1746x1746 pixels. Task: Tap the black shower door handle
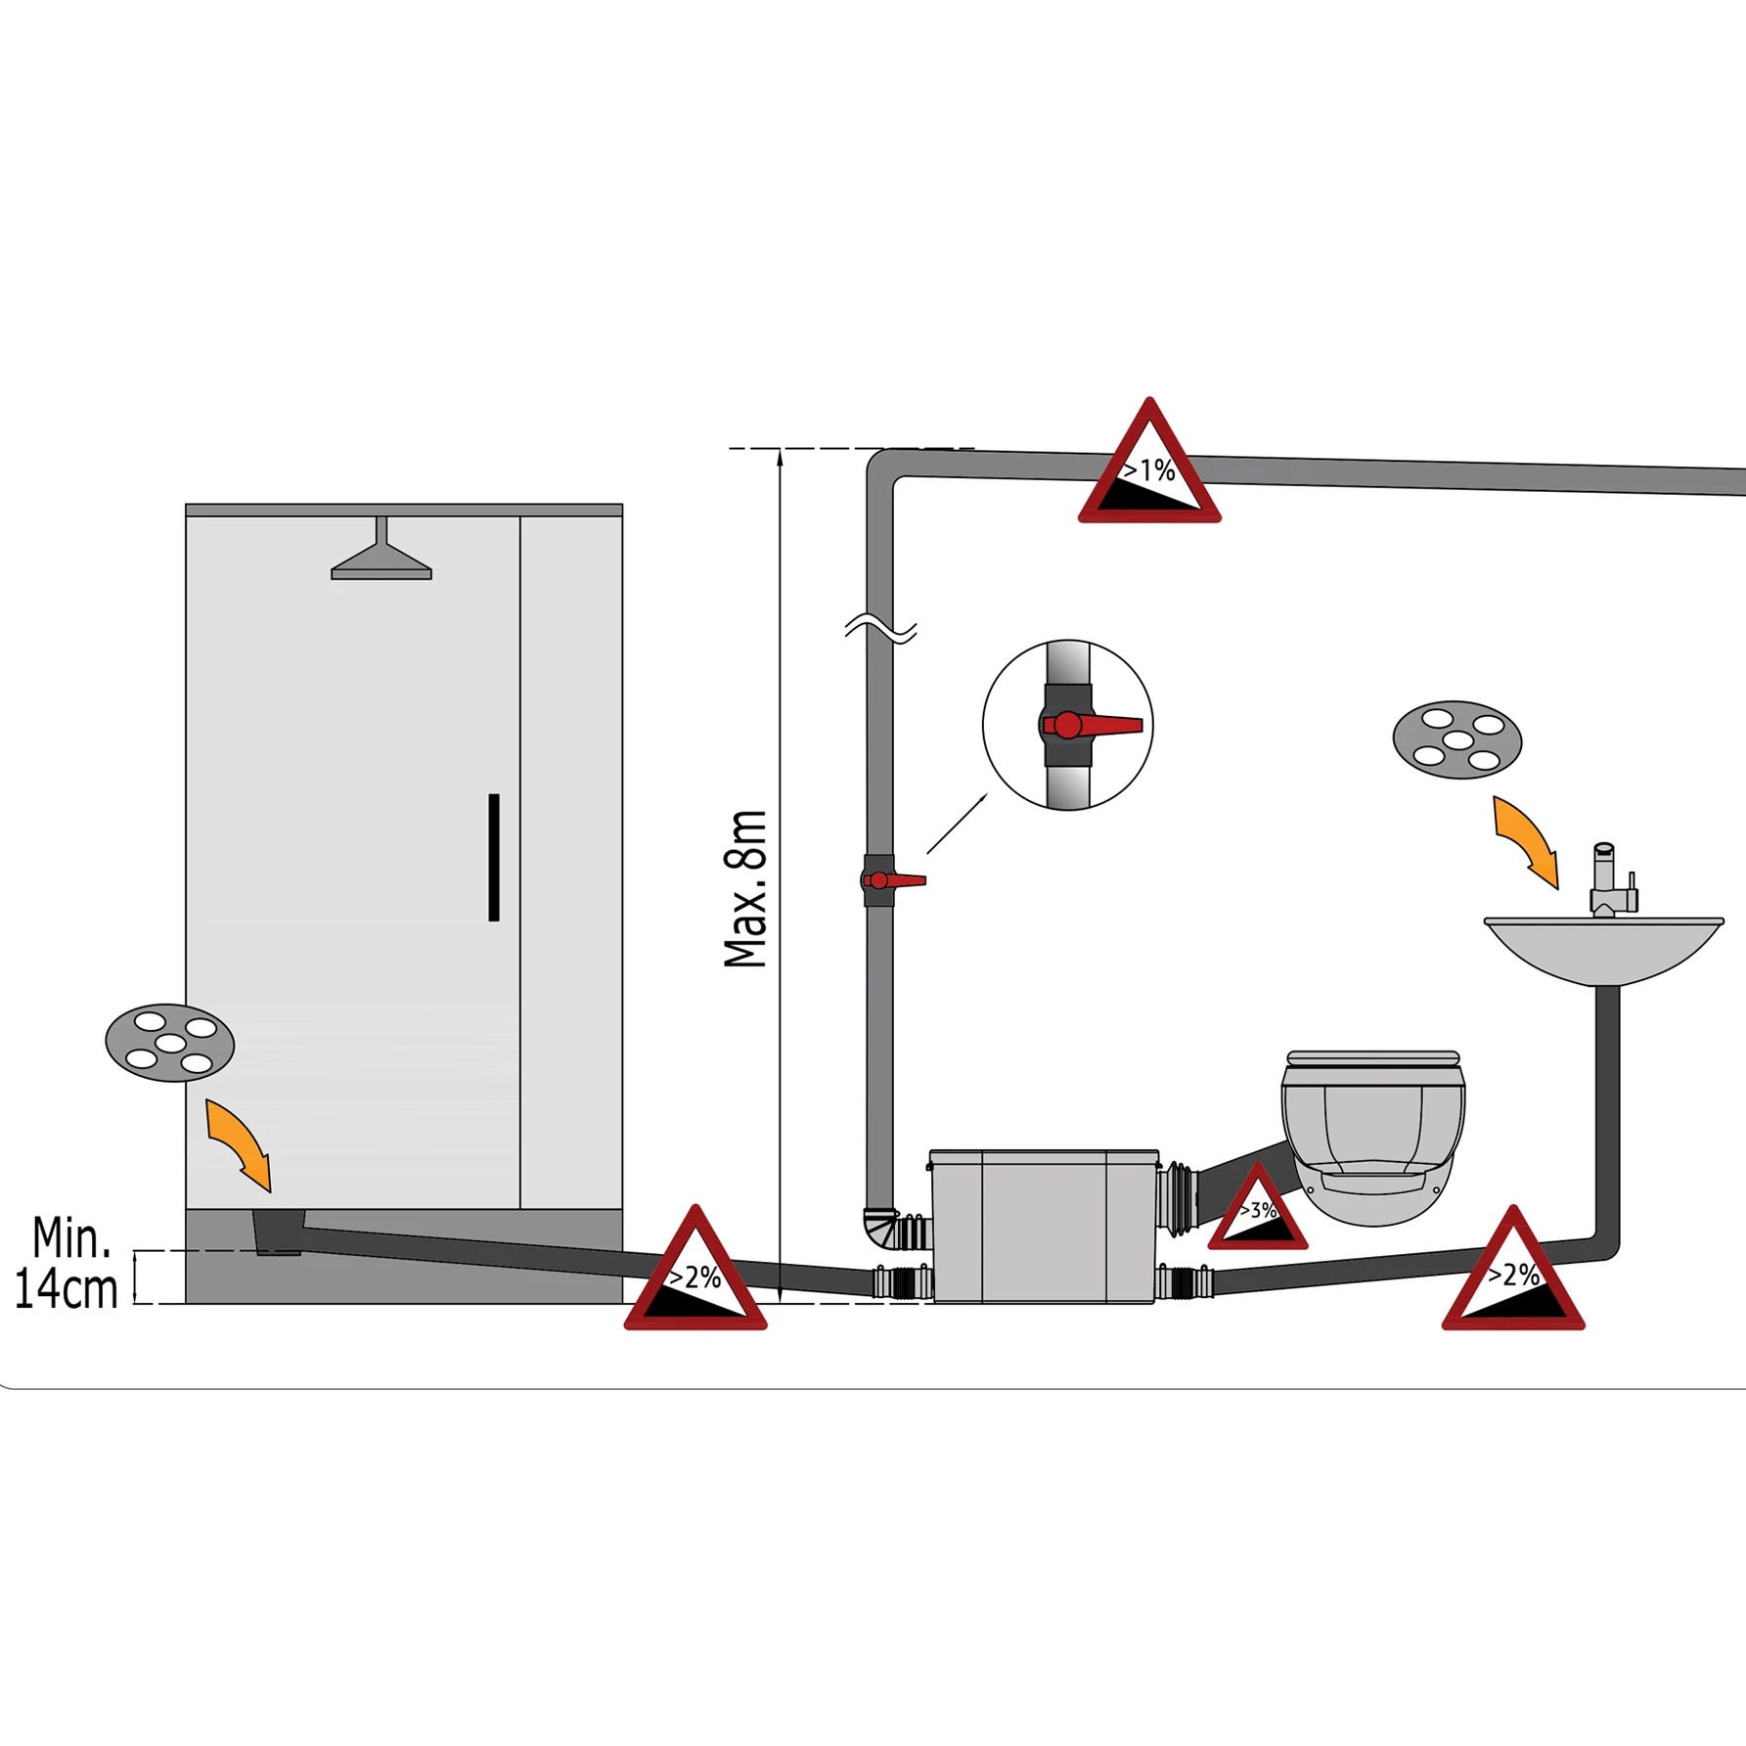coord(494,857)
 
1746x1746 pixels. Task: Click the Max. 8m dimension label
coord(746,889)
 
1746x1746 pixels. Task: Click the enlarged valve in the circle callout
coord(1068,725)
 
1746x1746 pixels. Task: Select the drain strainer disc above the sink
coord(1457,739)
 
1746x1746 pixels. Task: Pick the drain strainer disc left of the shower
coord(170,1043)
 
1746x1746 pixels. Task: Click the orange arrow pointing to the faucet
coord(1526,839)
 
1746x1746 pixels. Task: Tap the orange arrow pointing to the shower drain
coord(240,1142)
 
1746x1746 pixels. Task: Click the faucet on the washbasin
coord(1609,881)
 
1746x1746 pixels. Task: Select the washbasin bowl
coord(1603,949)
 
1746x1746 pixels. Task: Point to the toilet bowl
coord(1373,1140)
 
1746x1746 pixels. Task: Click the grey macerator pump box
coord(1044,1228)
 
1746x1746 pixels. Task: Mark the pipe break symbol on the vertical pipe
coord(880,630)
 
